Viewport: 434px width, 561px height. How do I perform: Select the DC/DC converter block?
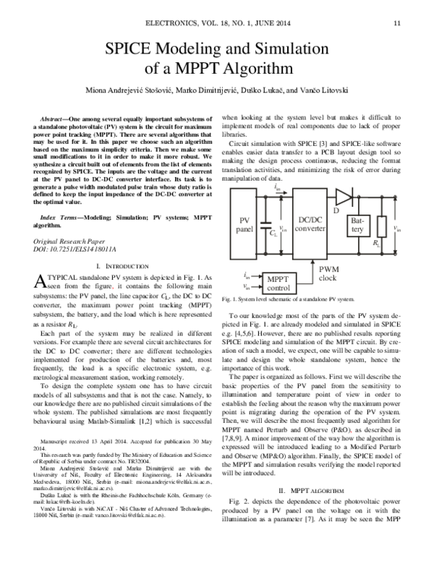point(310,223)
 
